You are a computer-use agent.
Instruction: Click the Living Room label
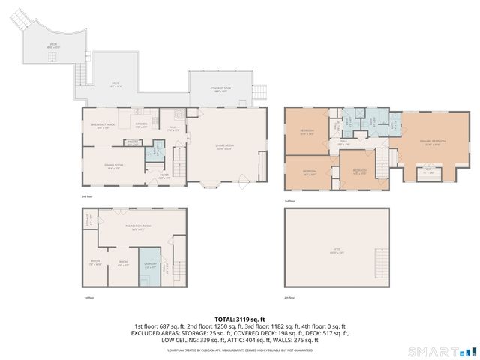tap(224, 147)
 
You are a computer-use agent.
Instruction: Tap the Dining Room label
tap(115, 169)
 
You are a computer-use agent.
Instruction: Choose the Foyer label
tap(163, 177)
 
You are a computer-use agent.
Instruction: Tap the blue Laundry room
tap(148, 265)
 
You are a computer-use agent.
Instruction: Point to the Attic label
tap(337, 250)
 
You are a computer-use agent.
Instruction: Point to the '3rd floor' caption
tap(289, 201)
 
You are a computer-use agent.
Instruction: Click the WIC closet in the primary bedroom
tap(429, 173)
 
